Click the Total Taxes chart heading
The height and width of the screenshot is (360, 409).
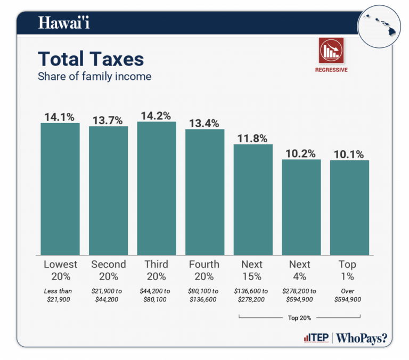[91, 59]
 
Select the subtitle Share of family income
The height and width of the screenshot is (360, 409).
[94, 76]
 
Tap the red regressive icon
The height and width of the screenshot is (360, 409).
[331, 51]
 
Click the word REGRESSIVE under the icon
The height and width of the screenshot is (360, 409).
[331, 70]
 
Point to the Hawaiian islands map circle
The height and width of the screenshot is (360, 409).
[382, 23]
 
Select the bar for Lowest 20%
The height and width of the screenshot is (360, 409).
[60, 189]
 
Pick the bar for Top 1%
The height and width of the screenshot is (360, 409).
[349, 208]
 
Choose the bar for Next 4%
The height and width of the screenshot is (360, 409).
[301, 207]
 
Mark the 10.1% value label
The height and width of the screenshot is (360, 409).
[349, 154]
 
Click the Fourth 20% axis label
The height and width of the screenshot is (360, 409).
[204, 271]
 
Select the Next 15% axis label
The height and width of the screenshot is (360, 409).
[252, 271]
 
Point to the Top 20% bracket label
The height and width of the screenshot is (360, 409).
[300, 318]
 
